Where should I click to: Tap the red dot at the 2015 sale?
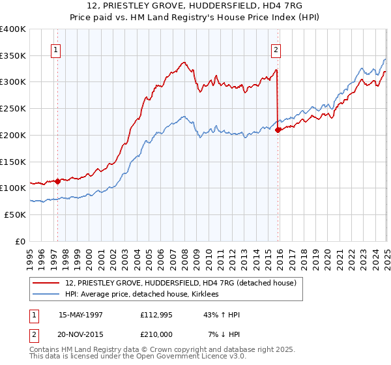(x=278, y=130)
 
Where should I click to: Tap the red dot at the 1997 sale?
(x=58, y=181)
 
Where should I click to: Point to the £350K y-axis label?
(x=13, y=56)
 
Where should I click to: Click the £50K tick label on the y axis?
(x=15, y=214)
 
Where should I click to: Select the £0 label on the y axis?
(x=21, y=241)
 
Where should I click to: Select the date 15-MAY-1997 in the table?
(x=81, y=315)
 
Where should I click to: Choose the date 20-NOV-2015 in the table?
(x=81, y=335)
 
